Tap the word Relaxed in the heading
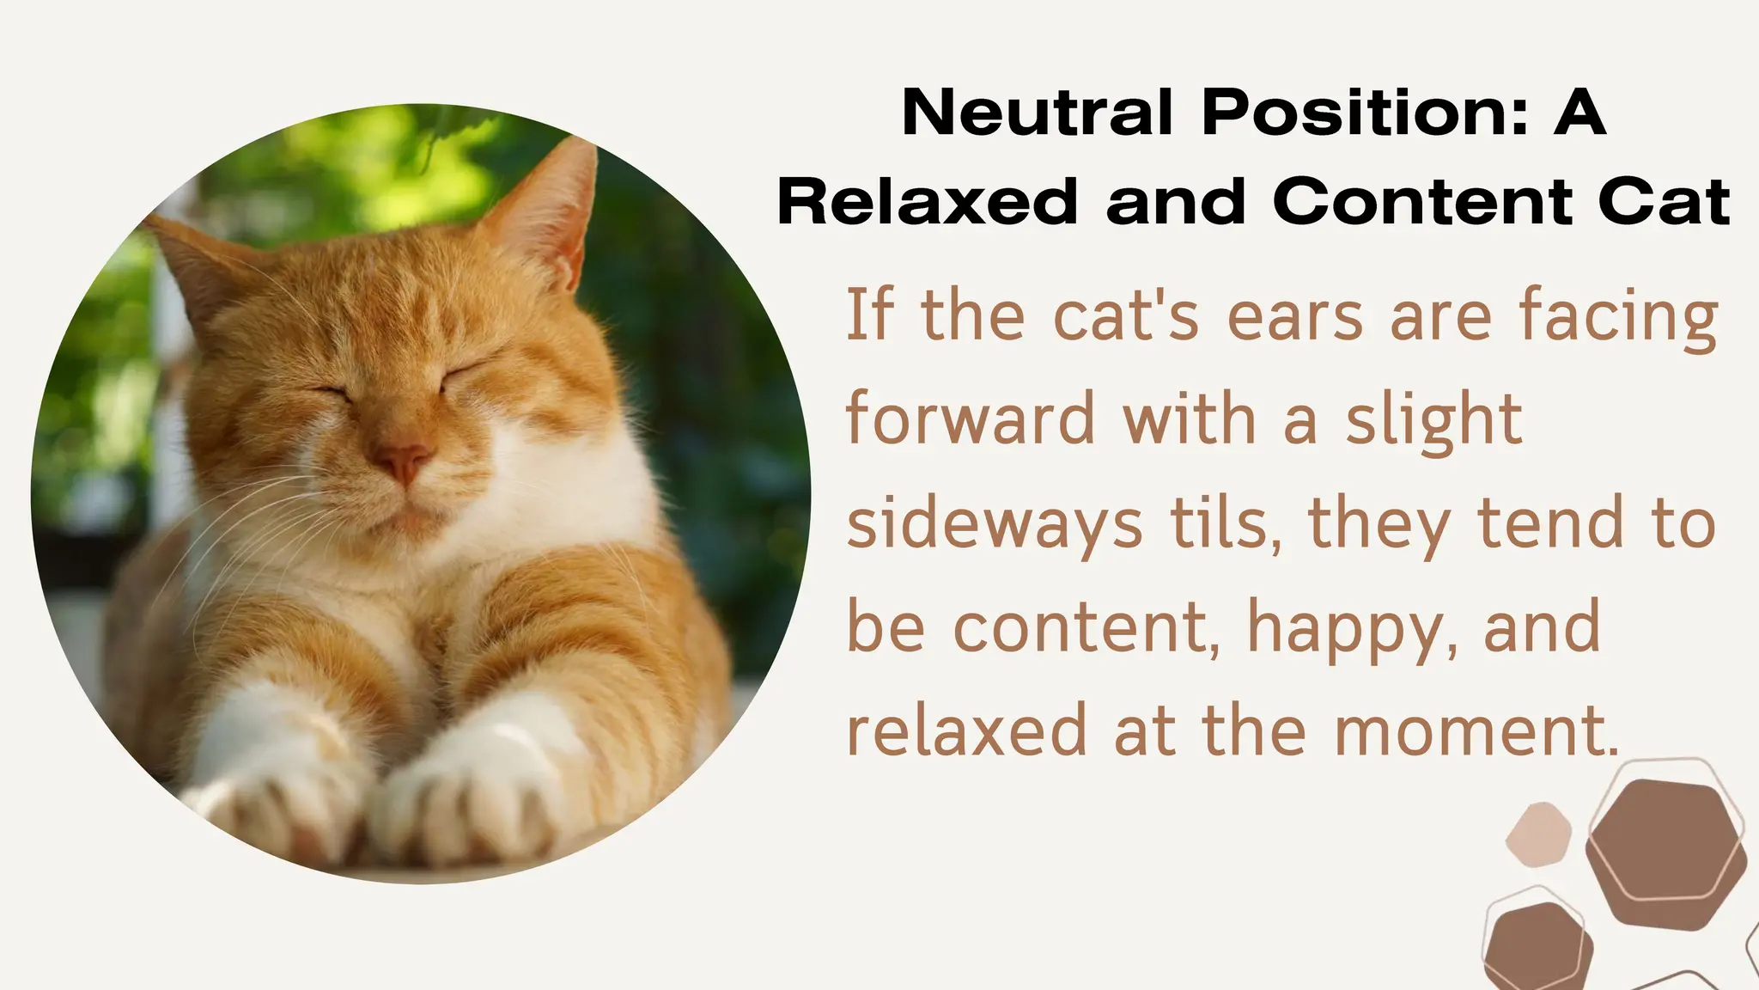point(927,202)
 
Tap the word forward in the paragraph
point(971,419)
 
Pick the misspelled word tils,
point(1218,522)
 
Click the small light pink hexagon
point(1538,834)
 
